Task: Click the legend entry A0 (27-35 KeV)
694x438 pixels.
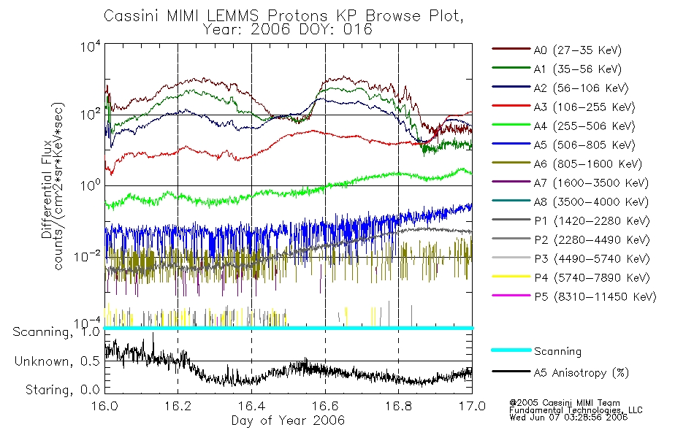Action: pyautogui.click(x=577, y=50)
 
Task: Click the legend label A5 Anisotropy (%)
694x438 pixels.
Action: pyautogui.click(x=581, y=373)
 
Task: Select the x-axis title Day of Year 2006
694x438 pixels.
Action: pyautogui.click(x=288, y=420)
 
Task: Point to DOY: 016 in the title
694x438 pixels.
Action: pyautogui.click(x=344, y=30)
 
